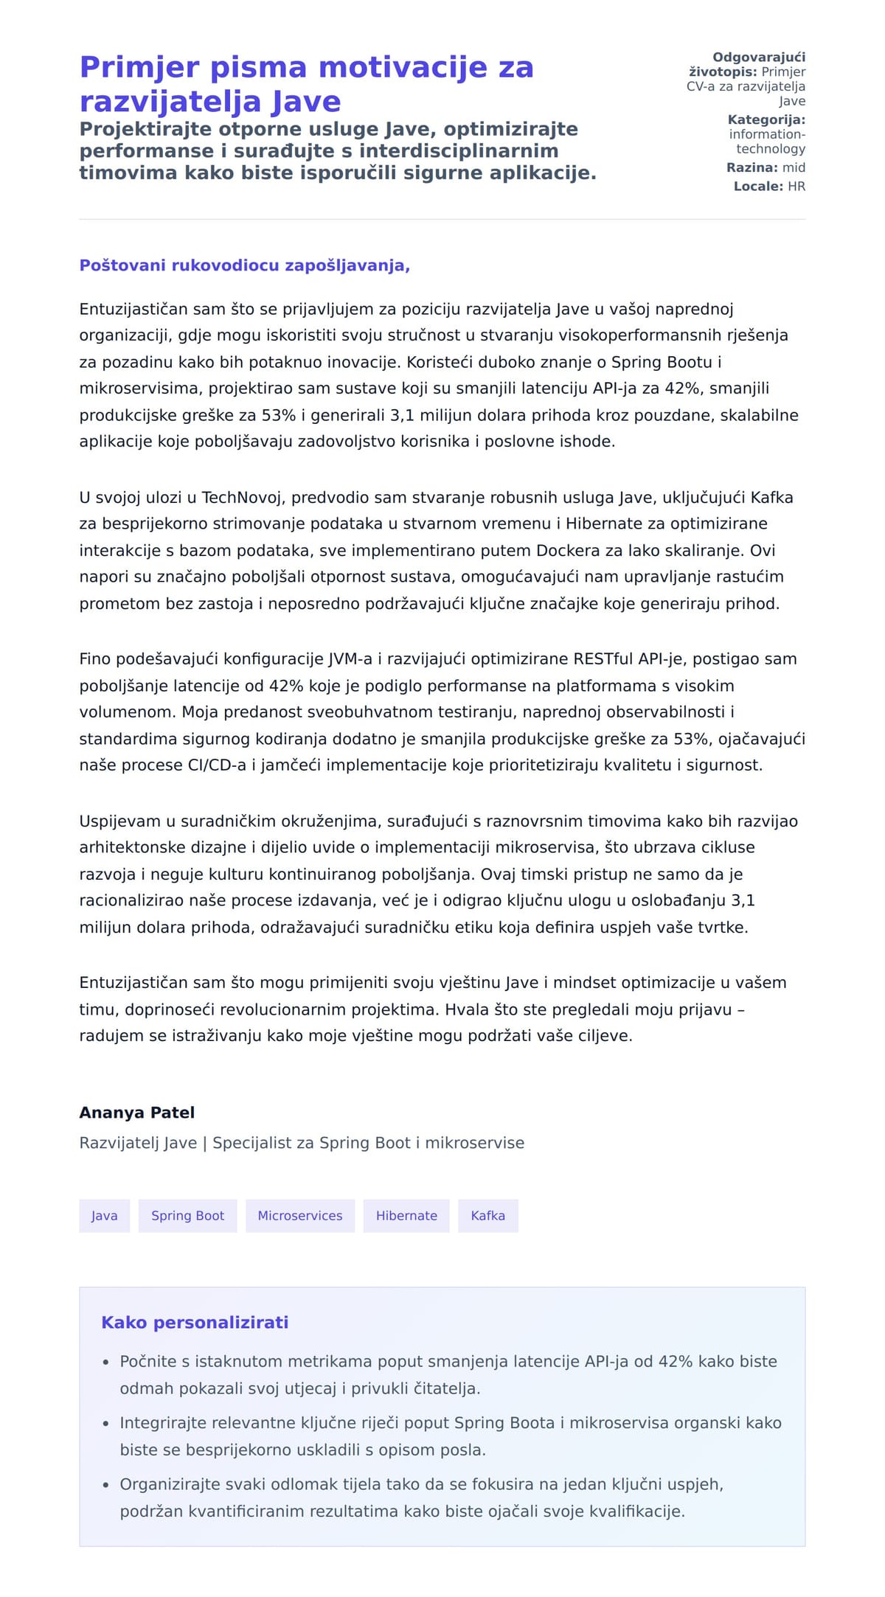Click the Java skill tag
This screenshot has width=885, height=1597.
click(x=104, y=1216)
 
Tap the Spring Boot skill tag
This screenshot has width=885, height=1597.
click(x=187, y=1216)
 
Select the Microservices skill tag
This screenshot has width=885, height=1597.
click(x=299, y=1216)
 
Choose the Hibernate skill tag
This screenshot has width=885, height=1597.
click(x=406, y=1216)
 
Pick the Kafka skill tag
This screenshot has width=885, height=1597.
click(x=487, y=1216)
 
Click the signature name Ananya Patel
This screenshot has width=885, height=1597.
click(x=137, y=1113)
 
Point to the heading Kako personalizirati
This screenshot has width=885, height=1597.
click(x=195, y=1323)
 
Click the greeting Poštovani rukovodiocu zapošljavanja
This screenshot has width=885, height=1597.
click(x=244, y=265)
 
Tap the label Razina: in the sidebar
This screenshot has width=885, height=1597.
click(x=752, y=168)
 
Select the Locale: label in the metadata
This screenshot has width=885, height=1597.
click(x=758, y=187)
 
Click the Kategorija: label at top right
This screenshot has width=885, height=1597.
click(x=766, y=120)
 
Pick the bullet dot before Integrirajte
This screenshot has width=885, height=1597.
click(x=106, y=1424)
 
